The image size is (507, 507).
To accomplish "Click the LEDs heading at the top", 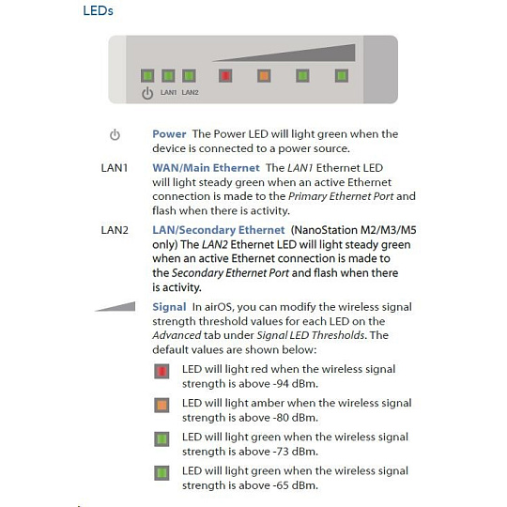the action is coord(98,10).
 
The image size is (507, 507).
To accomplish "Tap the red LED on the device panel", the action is coord(225,76).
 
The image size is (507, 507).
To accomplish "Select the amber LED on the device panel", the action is coord(264,76).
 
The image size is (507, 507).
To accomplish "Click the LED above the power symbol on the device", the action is coord(147,76).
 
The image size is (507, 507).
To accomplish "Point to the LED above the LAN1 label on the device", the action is coord(168,76).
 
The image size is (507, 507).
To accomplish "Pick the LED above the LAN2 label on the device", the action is coord(189,76).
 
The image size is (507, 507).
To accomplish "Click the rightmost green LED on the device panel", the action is coord(342,76).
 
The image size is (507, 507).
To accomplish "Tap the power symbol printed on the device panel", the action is coord(147,93).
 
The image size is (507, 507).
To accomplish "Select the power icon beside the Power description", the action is coord(115,134).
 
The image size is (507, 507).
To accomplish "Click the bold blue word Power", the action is coord(169,134).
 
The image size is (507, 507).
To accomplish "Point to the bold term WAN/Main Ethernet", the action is coord(206,168).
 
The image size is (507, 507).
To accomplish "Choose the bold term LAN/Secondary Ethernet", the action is coord(219,230).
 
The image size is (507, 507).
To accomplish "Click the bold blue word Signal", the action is coord(169,307).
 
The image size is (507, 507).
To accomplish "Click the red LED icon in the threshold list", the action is coord(161,371).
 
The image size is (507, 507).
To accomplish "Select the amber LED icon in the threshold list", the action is coord(161,406).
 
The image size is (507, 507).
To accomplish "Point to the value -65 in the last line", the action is coord(281,485).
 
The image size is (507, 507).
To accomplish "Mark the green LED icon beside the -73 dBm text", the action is coord(161,439).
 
